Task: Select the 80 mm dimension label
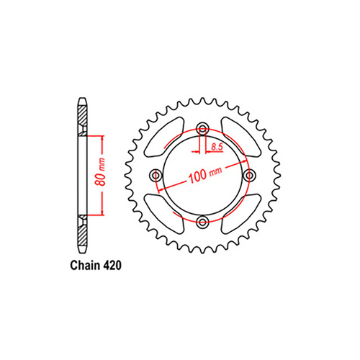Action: pos(103,174)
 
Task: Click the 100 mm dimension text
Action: pos(204,175)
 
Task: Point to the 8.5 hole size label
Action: pos(217,148)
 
